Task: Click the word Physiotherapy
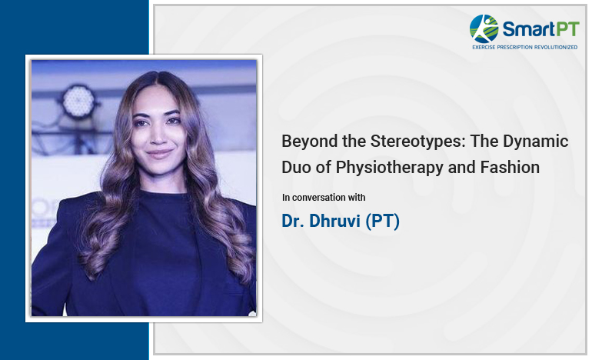(390, 168)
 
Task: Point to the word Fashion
(510, 168)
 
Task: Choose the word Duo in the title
(297, 168)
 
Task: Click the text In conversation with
(324, 198)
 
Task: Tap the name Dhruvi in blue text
(334, 221)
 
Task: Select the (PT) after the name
(382, 222)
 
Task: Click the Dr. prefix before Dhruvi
(293, 221)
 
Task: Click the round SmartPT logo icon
(484, 28)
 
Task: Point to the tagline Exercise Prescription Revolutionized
(525, 47)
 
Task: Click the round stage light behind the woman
(78, 101)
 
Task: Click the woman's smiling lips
(159, 154)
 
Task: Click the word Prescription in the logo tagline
(514, 47)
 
